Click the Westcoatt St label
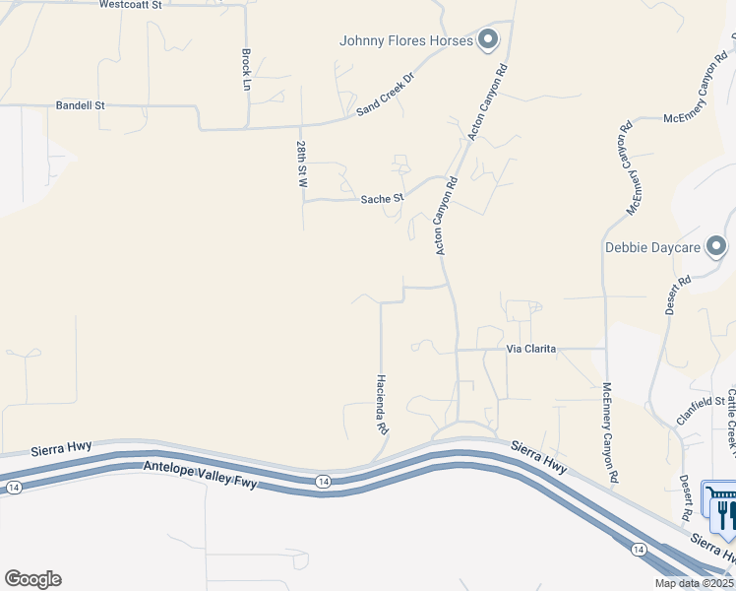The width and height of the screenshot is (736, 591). click(130, 5)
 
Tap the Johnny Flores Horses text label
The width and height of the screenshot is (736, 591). click(406, 40)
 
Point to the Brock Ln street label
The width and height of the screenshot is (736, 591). click(246, 70)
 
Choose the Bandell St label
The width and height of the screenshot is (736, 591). click(80, 104)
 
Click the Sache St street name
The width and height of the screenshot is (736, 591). click(382, 199)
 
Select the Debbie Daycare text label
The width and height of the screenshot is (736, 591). click(651, 247)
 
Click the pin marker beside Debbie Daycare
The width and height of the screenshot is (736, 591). click(717, 246)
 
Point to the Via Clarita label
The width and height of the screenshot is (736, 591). click(531, 349)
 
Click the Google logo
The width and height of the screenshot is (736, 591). click(32, 579)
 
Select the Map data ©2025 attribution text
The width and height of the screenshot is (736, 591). click(694, 583)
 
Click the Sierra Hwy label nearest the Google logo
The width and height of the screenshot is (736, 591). click(60, 447)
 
